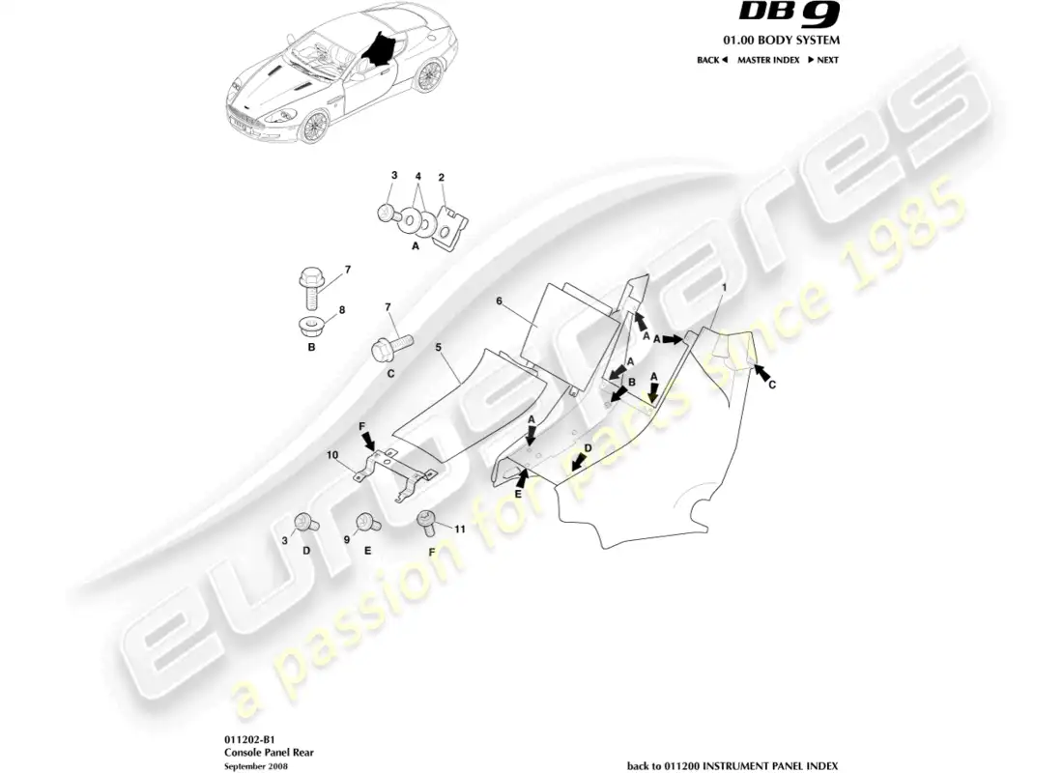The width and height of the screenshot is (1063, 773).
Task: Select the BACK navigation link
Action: click(710, 60)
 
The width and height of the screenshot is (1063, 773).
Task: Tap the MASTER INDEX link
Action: click(768, 60)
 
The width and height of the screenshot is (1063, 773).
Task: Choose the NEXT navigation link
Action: click(821, 60)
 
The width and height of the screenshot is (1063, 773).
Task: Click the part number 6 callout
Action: click(500, 301)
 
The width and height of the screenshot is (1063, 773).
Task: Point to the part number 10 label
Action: click(331, 454)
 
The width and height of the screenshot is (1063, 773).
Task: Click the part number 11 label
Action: click(460, 530)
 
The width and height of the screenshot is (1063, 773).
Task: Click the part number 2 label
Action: click(441, 178)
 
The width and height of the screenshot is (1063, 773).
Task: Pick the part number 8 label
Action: click(339, 311)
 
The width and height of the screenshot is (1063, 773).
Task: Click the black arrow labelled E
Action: click(523, 476)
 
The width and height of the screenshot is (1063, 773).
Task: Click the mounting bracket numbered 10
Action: click(391, 467)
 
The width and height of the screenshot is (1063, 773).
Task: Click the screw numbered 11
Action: click(428, 524)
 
